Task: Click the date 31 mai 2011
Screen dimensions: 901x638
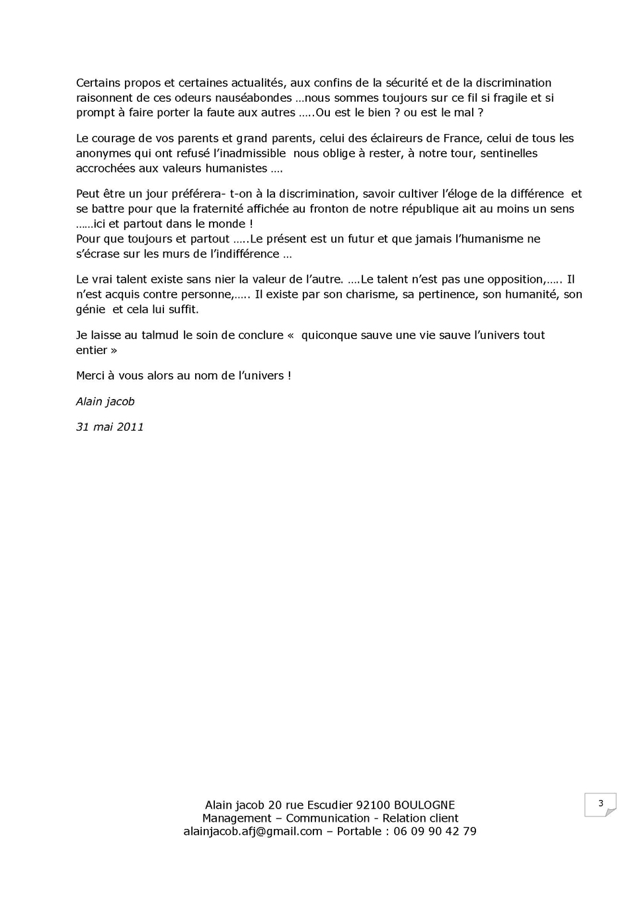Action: tap(110, 427)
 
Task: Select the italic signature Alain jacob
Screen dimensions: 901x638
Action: tap(105, 402)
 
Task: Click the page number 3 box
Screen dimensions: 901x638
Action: tap(600, 804)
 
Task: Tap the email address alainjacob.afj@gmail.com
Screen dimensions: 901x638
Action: tap(253, 831)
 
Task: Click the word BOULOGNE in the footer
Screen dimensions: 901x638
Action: tap(424, 805)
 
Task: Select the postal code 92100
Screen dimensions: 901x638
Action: tap(373, 805)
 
